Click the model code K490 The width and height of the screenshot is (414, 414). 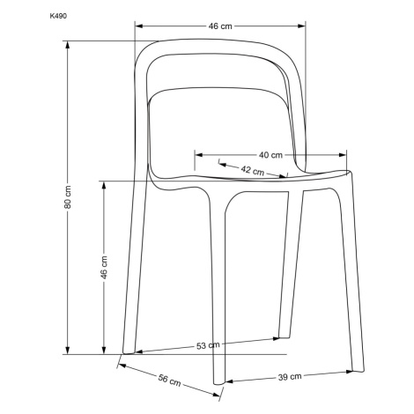[x=58, y=16]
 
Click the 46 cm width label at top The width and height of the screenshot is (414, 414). [x=220, y=26]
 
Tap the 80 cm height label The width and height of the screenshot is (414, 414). [x=68, y=197]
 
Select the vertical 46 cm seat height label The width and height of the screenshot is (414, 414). [x=104, y=267]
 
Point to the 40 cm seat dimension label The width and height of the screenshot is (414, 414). [x=270, y=155]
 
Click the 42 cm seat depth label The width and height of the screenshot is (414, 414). [x=253, y=170]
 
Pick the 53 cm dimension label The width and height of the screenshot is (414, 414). [x=208, y=345]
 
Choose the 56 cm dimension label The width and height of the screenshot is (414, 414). [x=169, y=380]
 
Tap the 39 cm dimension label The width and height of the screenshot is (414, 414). [x=290, y=377]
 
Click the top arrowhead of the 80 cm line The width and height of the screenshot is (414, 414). [x=68, y=45]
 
